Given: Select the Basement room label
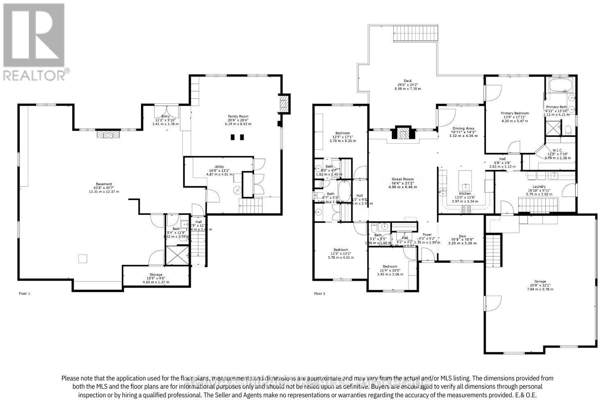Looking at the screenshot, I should [104, 184].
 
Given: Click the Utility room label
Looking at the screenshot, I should [219, 167].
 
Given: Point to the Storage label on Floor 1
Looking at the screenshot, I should [156, 274].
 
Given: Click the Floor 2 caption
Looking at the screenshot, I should [319, 294].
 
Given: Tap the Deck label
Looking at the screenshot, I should [408, 81].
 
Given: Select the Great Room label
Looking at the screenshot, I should [402, 179].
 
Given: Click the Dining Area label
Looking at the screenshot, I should [464, 128].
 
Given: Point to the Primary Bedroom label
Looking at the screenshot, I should [515, 113].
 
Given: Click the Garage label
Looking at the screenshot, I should [540, 282].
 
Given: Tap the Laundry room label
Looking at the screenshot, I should [539, 187].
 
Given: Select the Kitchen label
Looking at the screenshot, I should [465, 194].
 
